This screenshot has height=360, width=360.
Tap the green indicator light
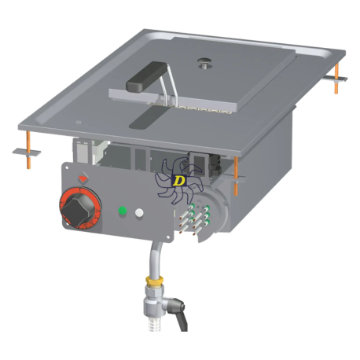[123, 211]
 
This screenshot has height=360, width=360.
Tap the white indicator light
[139, 213]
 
